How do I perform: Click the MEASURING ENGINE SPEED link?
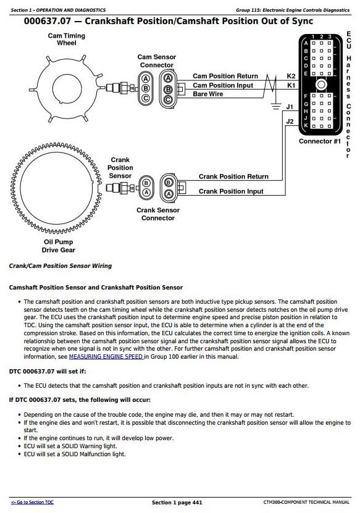coord(106,357)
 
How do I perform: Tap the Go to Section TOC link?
coord(32,503)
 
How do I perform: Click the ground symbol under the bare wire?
coord(276,106)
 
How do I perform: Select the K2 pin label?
coord(291,76)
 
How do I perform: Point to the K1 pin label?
coord(291,85)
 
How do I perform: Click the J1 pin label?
coord(290,107)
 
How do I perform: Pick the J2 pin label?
coord(290,122)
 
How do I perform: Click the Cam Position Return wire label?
coord(225,76)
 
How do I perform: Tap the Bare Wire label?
coord(208,94)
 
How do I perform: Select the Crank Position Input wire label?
coord(231,191)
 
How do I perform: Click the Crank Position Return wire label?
coord(233,177)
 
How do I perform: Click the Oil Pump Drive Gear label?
coord(58,246)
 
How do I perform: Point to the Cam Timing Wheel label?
coord(67,40)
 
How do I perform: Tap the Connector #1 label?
coord(320,141)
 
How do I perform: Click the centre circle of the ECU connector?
coord(321,85)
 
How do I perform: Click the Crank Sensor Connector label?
coord(158,214)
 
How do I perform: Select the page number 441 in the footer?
coord(196,503)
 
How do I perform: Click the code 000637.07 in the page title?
coord(47,21)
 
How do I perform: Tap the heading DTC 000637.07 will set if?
coord(48,372)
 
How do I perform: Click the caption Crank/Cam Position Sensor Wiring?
coord(61,266)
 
